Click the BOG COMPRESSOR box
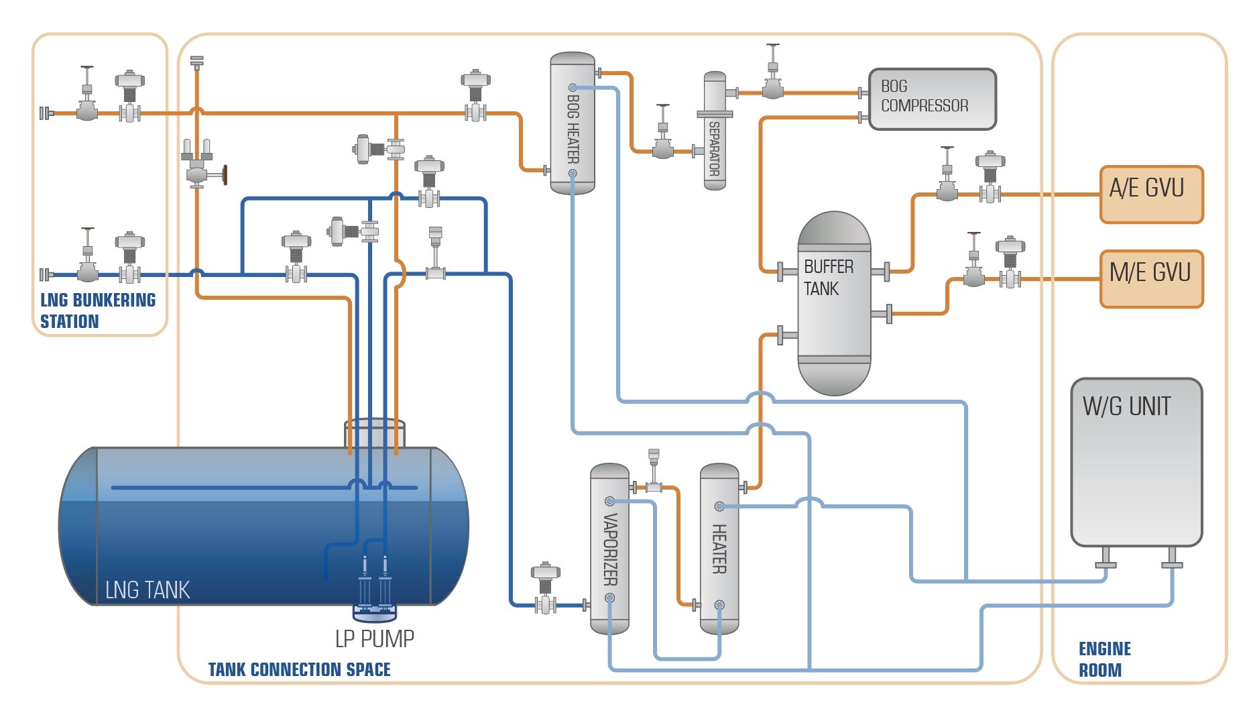931,99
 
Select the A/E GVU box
1151,194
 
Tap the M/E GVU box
1151,278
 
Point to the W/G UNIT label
1126,407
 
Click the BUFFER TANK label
828,278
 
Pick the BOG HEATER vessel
573,123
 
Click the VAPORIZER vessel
609,549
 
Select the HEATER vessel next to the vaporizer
719,549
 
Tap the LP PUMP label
374,639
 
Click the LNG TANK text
147,590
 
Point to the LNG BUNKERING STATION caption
97,311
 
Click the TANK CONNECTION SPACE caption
299,669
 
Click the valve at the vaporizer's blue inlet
546,590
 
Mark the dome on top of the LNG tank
374,433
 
